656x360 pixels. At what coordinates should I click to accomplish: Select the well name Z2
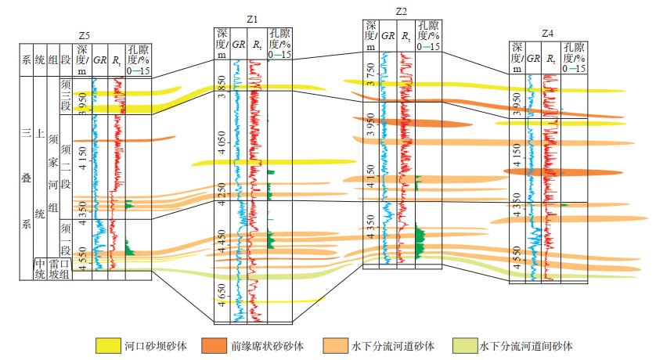(x=401, y=10)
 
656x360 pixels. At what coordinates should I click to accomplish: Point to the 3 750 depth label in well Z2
(x=370, y=74)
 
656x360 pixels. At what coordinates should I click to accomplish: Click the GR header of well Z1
(x=237, y=45)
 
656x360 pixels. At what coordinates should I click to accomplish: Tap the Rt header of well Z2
(x=405, y=36)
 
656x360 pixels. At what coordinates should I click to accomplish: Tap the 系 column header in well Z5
(x=26, y=59)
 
